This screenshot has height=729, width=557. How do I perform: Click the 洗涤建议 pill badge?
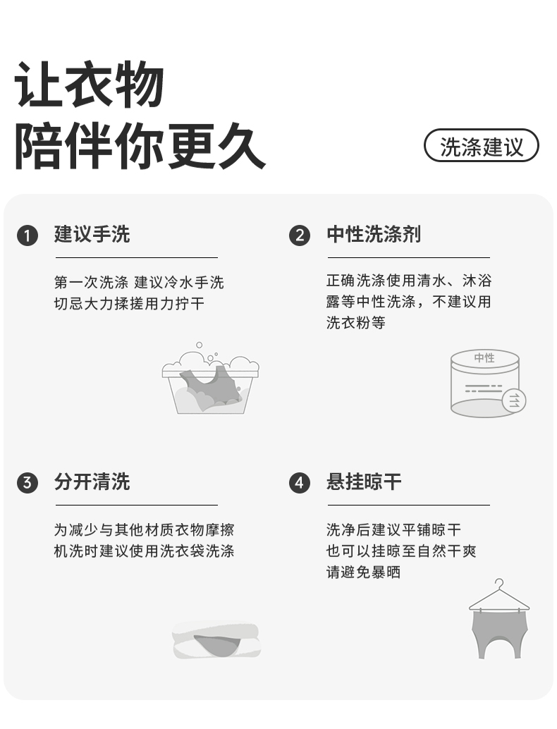482,147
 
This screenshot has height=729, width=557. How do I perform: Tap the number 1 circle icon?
27,235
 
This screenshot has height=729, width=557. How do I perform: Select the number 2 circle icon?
300,235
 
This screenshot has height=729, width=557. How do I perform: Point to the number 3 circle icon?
27,483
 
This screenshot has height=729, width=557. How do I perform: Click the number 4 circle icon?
300,483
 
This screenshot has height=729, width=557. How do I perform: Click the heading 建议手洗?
92,235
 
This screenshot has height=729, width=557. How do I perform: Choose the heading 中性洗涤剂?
374,235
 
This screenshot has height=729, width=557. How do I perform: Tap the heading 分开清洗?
92,482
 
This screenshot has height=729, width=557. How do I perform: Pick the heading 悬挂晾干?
364,482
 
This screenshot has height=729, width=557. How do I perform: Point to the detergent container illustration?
486,384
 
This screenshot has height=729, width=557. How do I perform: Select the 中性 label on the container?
484,357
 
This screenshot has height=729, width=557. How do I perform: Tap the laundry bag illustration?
216,640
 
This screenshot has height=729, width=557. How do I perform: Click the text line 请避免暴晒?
363,572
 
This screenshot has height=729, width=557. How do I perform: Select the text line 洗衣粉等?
355,323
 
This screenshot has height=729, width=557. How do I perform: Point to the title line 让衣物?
90,85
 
